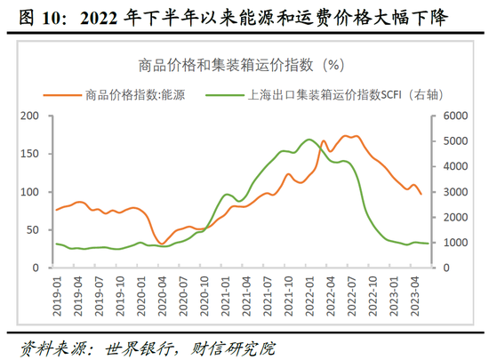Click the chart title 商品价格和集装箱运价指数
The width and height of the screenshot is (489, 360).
click(x=233, y=65)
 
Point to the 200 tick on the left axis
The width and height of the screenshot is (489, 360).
click(x=29, y=116)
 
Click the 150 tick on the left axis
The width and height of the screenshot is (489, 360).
click(x=29, y=155)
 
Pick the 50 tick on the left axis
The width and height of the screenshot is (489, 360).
click(x=33, y=230)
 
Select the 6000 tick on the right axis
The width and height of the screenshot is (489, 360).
click(x=454, y=116)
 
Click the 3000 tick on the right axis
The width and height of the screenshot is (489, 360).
click(x=454, y=192)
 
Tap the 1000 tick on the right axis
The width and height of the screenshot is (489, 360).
click(x=454, y=243)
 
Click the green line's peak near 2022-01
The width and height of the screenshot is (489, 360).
click(x=309, y=140)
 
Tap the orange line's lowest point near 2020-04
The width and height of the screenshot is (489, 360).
click(x=161, y=244)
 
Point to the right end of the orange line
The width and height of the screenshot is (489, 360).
click(x=421, y=194)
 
